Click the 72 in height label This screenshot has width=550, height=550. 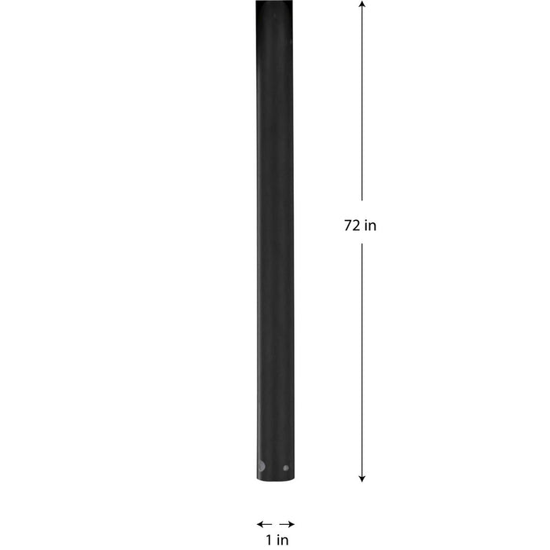361,225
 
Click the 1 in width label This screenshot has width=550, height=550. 276,540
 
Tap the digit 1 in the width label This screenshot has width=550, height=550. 268,540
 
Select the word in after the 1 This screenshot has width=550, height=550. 280,540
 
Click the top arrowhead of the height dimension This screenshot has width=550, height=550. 361,5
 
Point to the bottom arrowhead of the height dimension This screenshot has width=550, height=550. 361,477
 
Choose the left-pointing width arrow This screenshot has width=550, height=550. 263,523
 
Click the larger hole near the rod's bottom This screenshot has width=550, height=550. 261,466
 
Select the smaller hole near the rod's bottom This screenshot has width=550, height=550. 285,467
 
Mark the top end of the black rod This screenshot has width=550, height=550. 275,3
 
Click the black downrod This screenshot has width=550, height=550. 275,236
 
